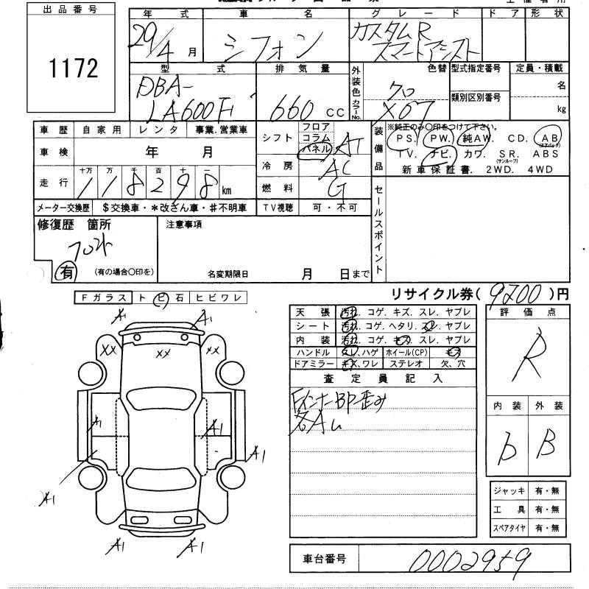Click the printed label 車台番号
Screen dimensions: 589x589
318,560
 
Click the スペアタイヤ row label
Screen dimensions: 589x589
510,528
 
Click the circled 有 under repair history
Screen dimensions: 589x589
66,272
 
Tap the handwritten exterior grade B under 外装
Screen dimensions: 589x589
548,444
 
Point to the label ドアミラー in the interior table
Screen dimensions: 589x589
311,363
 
